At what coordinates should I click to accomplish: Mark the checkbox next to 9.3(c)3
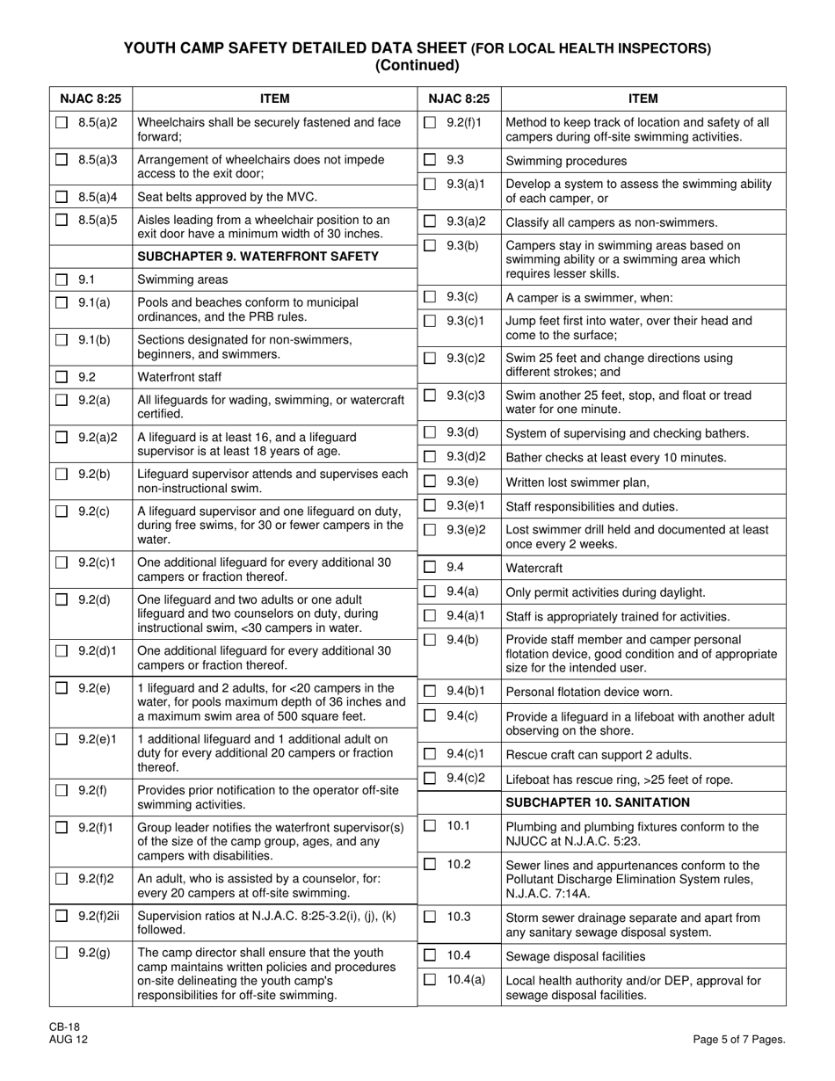(430, 395)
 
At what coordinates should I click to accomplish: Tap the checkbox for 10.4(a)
(430, 980)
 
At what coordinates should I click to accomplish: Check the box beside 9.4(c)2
(430, 778)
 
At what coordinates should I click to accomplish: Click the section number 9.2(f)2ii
(98, 916)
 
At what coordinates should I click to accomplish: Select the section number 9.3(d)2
(463, 457)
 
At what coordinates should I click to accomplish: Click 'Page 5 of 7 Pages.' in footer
(738, 1040)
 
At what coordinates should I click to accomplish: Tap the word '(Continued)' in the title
(417, 65)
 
